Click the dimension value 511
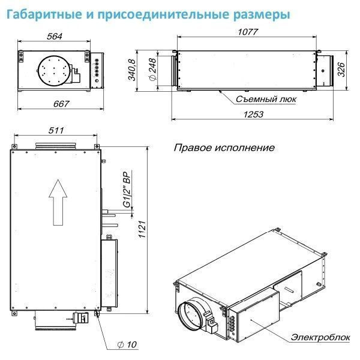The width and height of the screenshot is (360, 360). [x=53, y=131]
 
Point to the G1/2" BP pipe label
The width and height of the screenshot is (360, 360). [x=126, y=191]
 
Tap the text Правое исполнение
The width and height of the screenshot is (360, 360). [x=224, y=147]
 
